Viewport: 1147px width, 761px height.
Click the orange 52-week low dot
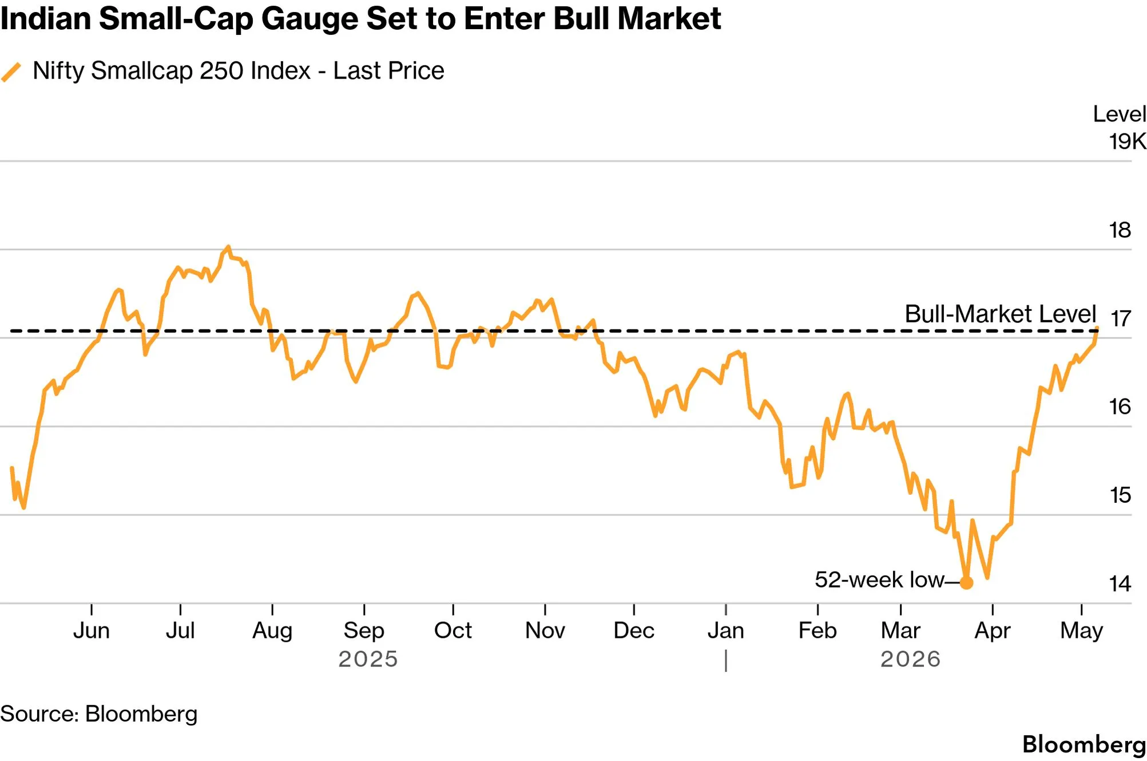[x=966, y=583]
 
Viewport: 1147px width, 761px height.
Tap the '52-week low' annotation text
[x=879, y=579]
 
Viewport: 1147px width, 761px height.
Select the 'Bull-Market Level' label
[x=1000, y=314]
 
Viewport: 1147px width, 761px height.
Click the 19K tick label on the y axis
[x=1128, y=141]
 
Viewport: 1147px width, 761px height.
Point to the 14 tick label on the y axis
[x=1120, y=584]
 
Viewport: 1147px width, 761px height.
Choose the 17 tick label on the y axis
[x=1120, y=318]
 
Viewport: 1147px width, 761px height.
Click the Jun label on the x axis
[x=92, y=630]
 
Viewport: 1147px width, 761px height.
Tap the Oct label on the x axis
[x=453, y=630]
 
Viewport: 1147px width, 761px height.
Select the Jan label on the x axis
[x=726, y=630]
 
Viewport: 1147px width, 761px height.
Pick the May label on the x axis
[x=1081, y=631]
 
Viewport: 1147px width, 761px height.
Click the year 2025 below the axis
[x=368, y=659]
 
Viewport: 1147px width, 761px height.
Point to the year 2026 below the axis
[x=910, y=659]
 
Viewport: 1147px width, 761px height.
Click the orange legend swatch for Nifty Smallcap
[x=11, y=72]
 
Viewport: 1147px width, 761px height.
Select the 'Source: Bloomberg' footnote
[x=99, y=714]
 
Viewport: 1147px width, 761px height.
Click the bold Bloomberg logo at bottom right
[x=1084, y=744]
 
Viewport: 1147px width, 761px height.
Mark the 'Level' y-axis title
[x=1120, y=114]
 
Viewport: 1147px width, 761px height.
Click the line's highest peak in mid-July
[x=228, y=247]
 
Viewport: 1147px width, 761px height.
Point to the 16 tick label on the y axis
[x=1120, y=407]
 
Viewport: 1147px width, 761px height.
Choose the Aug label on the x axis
[x=272, y=631]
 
